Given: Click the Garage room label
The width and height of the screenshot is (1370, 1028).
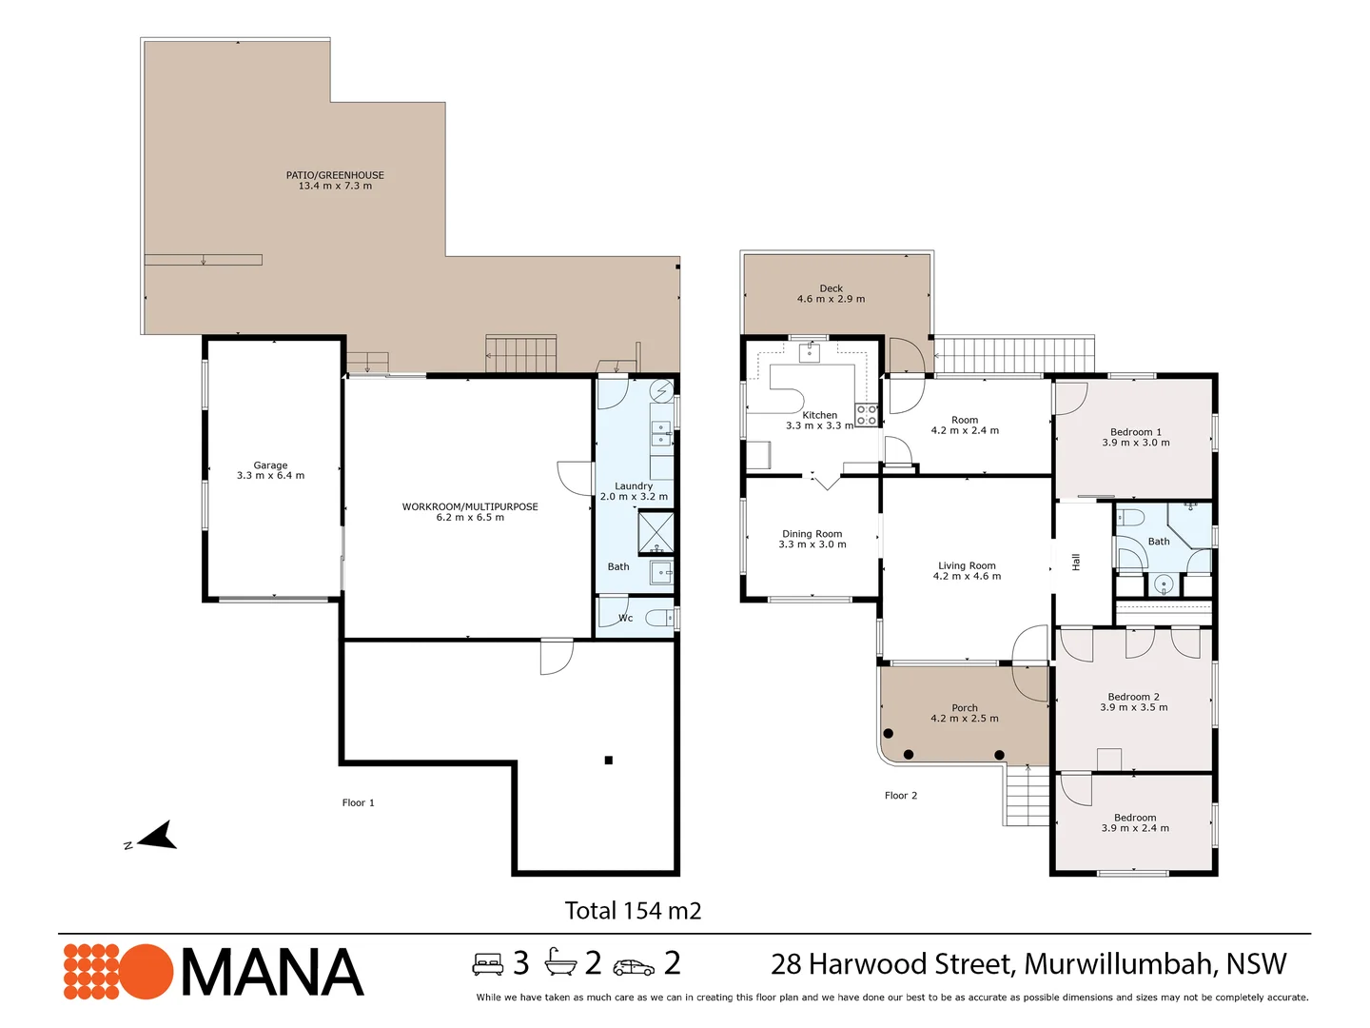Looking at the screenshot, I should (270, 465).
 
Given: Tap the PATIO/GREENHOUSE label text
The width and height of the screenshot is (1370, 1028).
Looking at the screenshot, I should (335, 175).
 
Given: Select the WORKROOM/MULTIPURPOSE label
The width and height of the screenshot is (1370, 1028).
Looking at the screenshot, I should (470, 506).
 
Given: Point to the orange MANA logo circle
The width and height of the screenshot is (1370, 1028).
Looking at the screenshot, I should (145, 972).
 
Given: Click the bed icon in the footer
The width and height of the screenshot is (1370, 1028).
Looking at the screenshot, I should (488, 964).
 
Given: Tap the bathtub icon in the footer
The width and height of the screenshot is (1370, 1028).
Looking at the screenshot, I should (560, 964).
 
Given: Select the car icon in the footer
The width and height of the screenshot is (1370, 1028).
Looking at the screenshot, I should (634, 967).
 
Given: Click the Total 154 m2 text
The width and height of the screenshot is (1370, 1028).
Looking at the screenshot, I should (633, 911).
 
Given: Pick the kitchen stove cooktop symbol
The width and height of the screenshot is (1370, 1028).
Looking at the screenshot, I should (866, 414).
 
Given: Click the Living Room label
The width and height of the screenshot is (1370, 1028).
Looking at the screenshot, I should (967, 565).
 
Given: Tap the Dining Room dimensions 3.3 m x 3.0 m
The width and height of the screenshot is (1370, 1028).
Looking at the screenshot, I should (812, 544).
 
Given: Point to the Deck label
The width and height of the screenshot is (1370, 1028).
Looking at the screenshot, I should (831, 288).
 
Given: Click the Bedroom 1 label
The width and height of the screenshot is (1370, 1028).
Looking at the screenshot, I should (1136, 432).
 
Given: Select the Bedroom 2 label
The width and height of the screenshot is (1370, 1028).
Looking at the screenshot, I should (1133, 697).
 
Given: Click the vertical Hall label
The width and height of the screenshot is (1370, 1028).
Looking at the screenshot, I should (1076, 563).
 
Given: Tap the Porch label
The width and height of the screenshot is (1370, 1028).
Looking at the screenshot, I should (965, 708).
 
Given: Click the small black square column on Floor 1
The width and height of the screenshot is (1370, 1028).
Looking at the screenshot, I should (608, 760).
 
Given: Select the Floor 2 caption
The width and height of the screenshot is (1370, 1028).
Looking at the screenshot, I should (900, 796).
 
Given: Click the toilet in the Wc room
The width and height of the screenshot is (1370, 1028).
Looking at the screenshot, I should (658, 618).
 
